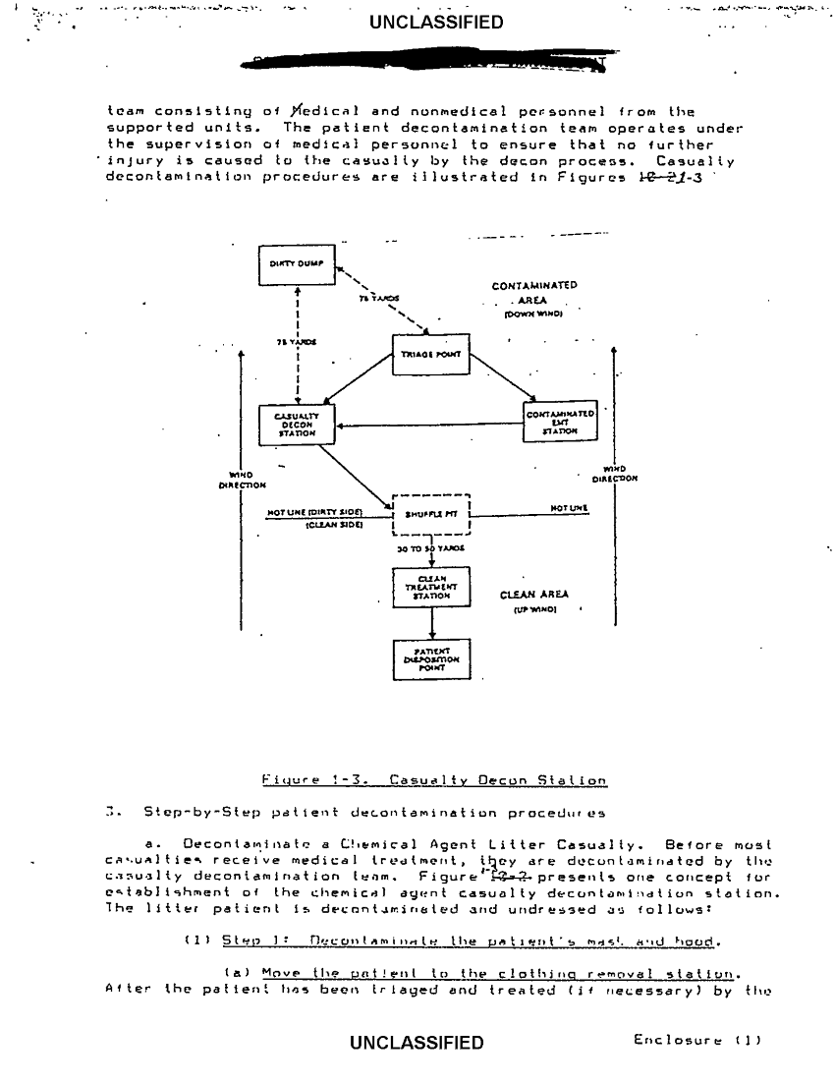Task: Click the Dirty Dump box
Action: pyautogui.click(x=297, y=263)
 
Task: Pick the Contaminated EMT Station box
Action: pyautogui.click(x=558, y=423)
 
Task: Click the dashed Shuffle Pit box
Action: pyautogui.click(x=431, y=513)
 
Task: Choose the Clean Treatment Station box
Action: pyautogui.click(x=431, y=587)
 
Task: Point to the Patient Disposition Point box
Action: pyautogui.click(x=431, y=658)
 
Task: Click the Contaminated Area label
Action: pyautogui.click(x=534, y=293)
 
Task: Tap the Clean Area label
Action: pyautogui.click(x=533, y=595)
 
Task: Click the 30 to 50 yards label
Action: pyautogui.click(x=431, y=549)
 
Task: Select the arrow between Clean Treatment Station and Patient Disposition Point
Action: pyautogui.click(x=431, y=622)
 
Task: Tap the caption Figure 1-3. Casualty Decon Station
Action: pyautogui.click(x=434, y=780)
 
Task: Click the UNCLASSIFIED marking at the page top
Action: pyautogui.click(x=435, y=22)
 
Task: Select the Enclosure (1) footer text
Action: pyautogui.click(x=699, y=1039)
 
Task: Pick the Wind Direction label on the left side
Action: pyautogui.click(x=241, y=480)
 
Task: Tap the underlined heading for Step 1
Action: pyautogui.click(x=472, y=940)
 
